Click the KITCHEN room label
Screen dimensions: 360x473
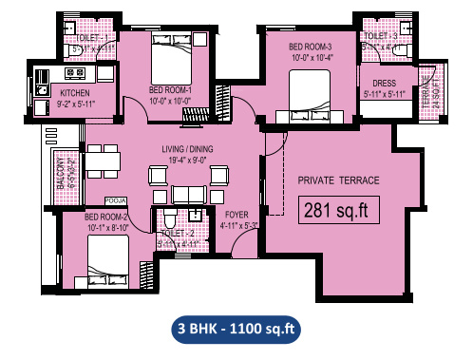click(x=76, y=92)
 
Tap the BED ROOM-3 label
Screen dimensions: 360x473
click(x=310, y=47)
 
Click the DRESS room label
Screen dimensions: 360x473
click(x=385, y=83)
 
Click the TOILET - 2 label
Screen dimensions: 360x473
click(x=178, y=233)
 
